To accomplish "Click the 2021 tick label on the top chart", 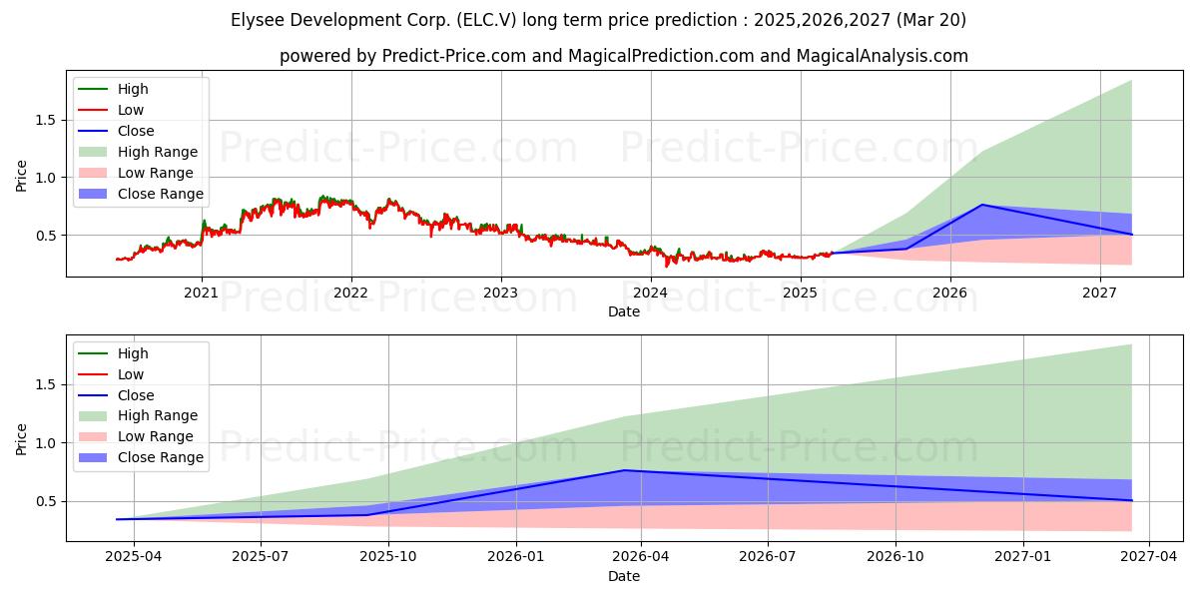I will pos(202,293).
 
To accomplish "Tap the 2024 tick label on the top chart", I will pos(651,293).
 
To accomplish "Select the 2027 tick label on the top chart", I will pos(1100,293).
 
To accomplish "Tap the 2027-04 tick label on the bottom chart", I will pos(1150,558).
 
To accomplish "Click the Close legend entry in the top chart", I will pos(136,131).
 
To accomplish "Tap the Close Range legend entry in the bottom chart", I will pos(161,457).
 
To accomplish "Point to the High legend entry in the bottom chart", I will pos(133,353).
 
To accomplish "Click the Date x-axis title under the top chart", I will pos(624,311).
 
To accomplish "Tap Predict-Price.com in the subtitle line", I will pos(454,56).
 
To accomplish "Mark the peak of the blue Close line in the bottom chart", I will pos(625,470).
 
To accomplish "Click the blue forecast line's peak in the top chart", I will pos(981,205).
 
